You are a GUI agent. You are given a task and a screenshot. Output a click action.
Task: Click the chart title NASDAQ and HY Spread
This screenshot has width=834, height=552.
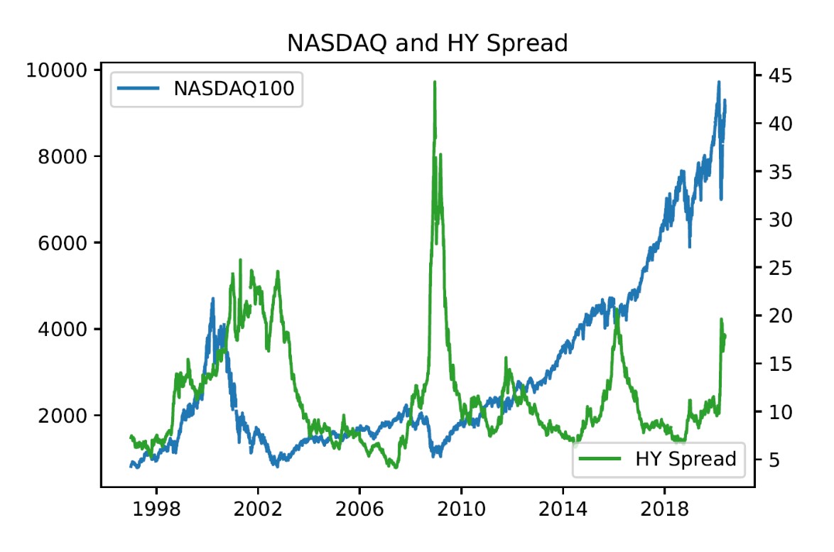[427, 43]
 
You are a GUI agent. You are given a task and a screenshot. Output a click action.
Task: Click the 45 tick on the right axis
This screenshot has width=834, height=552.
[776, 75]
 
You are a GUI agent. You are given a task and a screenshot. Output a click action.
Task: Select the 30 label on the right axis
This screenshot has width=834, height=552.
[776, 220]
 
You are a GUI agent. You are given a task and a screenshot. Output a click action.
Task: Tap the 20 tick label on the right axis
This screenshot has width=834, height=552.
[776, 315]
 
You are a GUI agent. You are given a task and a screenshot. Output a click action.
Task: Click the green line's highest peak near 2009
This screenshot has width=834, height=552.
[434, 82]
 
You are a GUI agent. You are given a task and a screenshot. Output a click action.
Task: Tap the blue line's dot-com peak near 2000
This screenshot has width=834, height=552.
[212, 299]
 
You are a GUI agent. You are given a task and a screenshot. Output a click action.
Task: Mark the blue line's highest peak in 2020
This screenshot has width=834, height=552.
[718, 82]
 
